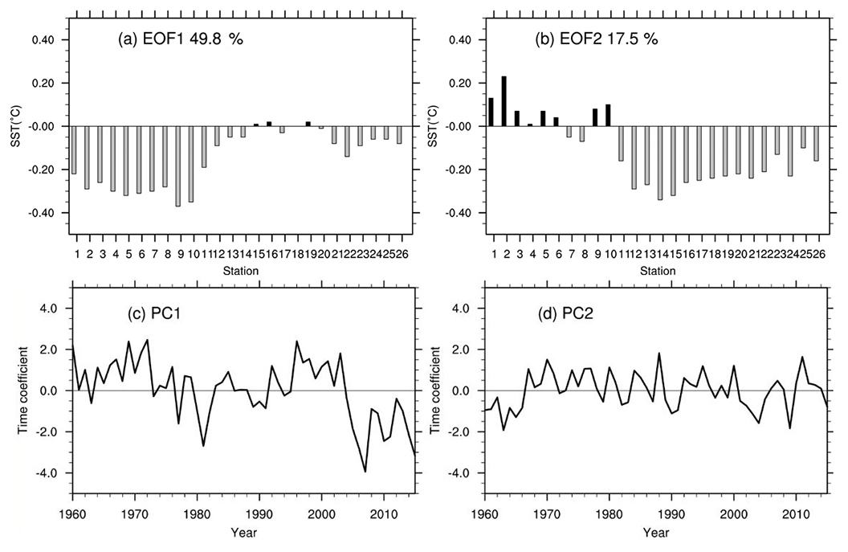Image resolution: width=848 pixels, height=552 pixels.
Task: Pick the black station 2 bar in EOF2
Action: tap(503, 101)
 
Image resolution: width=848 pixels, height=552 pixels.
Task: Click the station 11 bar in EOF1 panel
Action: tap(204, 147)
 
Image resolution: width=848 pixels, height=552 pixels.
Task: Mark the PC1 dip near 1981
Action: tap(203, 445)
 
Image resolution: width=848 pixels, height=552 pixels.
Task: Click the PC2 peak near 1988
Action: tap(659, 354)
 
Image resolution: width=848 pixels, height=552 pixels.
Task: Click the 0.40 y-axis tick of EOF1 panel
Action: tap(43, 40)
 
